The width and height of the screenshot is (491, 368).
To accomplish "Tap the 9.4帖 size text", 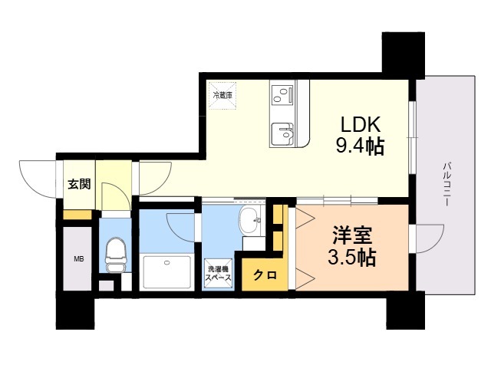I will (358, 146).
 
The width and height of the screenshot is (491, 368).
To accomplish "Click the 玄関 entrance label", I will (78, 184).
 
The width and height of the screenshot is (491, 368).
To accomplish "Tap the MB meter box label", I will (78, 259).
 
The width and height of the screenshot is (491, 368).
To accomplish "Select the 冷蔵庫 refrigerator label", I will (222, 95).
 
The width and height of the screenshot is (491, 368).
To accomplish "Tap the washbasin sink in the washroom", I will (251, 223).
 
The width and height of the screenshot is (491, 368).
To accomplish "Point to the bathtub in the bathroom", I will (166, 271).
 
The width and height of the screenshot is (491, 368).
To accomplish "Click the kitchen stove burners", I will (282, 96).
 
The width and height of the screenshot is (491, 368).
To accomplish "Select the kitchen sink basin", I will (282, 133).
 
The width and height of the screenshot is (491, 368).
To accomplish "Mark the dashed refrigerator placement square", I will (223, 96).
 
